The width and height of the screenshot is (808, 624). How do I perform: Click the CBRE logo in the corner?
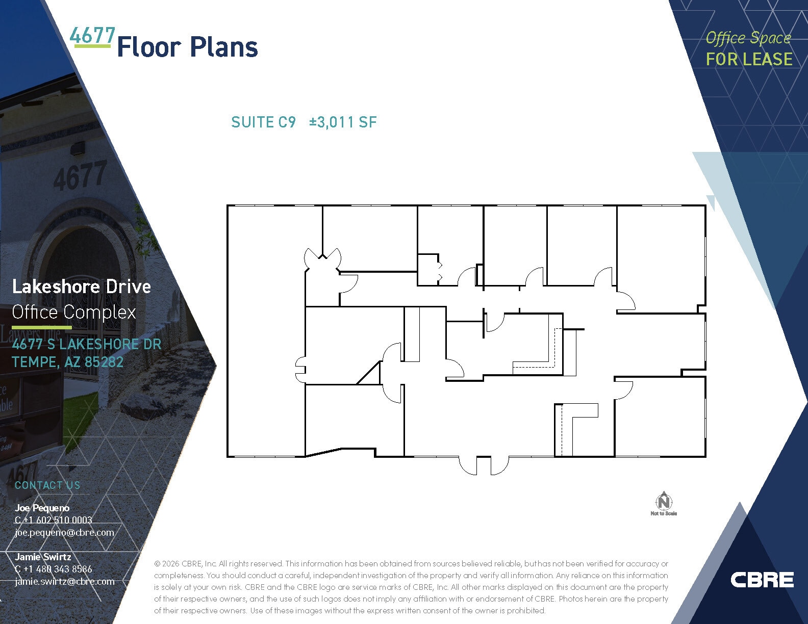pos(762,580)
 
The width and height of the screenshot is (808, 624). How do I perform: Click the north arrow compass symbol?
pos(664,502)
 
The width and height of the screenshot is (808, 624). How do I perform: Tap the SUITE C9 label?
pos(263,122)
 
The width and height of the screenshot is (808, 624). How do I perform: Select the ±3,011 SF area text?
pos(343,122)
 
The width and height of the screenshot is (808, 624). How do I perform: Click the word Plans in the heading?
pos(223,47)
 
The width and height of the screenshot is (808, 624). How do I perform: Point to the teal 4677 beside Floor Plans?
pos(92,36)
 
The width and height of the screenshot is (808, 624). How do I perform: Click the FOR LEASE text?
pos(749,60)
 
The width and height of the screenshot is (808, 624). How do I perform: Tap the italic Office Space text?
pos(748,38)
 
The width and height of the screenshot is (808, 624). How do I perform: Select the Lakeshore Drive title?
pos(82,287)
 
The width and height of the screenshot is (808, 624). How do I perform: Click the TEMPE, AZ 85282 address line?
pos(67,362)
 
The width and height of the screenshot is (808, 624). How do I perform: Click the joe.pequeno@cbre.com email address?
pos(64,532)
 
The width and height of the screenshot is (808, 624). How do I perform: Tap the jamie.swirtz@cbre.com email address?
pos(65,581)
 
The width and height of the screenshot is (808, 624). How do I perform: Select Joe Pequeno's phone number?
pos(54,520)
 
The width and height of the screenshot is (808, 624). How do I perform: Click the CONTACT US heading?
pos(47,485)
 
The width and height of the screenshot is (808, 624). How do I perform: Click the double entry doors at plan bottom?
pos(484,465)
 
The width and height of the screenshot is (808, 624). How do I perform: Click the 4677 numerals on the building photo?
pos(80,175)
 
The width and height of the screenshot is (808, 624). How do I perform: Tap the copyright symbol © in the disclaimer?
pos(157,564)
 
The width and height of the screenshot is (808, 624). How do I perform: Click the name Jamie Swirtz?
pos(43,557)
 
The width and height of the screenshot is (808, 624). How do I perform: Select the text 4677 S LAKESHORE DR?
pos(87,345)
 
